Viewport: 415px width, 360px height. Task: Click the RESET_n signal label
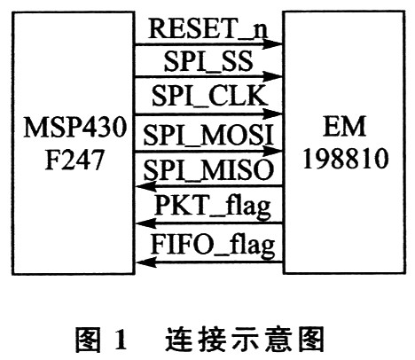point(207,29)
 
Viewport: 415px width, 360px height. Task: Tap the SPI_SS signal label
point(208,61)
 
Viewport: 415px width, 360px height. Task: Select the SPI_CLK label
point(209,96)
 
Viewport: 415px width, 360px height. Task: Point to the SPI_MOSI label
point(208,135)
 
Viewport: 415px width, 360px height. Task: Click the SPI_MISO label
point(208,169)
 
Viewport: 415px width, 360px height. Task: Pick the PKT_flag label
point(212,206)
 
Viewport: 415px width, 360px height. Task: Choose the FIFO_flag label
point(213,245)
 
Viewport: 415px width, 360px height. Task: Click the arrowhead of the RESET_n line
point(273,44)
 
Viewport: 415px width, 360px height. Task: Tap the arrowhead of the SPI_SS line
point(273,76)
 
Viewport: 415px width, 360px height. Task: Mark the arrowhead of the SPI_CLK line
point(273,113)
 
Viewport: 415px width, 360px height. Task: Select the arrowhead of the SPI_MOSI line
point(273,151)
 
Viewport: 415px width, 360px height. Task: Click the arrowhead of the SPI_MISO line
point(145,186)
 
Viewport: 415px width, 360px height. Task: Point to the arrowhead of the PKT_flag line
point(145,223)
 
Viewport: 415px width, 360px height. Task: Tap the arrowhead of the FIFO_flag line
point(145,262)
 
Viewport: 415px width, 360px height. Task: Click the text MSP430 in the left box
point(75,127)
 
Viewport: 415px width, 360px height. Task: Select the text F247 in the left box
point(74,159)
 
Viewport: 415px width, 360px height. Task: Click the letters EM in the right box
point(345,127)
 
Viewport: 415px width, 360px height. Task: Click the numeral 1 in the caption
point(120,339)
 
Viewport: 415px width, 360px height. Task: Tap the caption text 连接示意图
point(244,339)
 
